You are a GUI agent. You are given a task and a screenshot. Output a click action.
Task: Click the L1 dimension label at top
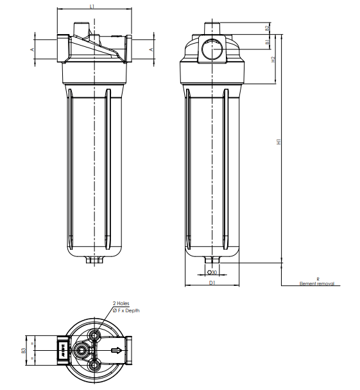[92, 6]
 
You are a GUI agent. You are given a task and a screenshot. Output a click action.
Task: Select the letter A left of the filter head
[32, 49]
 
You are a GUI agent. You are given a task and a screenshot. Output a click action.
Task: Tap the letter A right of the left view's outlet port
[151, 49]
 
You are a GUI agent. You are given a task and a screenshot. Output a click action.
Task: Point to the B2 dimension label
[266, 28]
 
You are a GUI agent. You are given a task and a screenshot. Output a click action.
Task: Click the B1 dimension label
[266, 42]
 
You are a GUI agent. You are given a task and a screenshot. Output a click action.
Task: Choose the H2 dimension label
[273, 59]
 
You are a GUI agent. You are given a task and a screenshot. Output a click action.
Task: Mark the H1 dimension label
[279, 142]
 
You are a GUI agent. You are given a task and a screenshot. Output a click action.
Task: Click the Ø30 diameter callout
[212, 272]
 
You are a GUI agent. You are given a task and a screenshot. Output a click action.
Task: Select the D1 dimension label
[211, 282]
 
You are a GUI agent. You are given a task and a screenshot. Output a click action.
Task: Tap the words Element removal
[317, 283]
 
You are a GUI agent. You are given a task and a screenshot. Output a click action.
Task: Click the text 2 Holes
[121, 303]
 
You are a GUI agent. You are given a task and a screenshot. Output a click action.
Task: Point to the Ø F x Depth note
[126, 310]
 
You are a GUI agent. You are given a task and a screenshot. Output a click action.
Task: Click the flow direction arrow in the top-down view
[116, 351]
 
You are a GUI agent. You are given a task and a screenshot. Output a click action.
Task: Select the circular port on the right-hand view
[211, 49]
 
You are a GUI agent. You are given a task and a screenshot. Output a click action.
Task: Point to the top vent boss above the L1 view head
[81, 29]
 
